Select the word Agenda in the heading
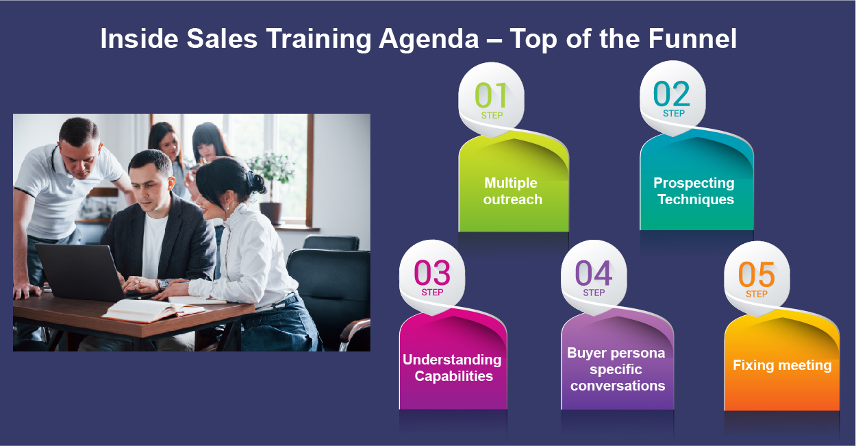pos(428,39)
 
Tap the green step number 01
pos(491,95)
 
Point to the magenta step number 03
pos(432,273)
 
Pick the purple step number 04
pos(593,273)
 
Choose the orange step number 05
pos(756,274)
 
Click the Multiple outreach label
pos(512,191)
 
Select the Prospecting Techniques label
pos(694,191)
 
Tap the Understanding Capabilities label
pos(452,368)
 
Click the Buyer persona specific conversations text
pos(616,369)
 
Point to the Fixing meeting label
pos(782,365)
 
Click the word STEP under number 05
pos(756,294)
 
